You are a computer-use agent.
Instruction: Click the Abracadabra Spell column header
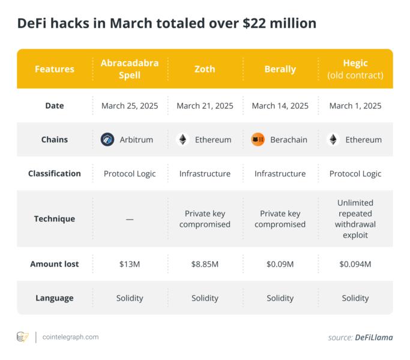(130, 69)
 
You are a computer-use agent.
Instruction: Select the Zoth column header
(205, 69)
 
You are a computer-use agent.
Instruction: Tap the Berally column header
(280, 69)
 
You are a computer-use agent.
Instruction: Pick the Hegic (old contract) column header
(355, 69)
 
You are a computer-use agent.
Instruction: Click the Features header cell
(55, 69)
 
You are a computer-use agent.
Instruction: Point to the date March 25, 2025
(130, 106)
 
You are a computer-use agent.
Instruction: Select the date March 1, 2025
(355, 106)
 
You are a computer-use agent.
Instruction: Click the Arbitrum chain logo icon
(107, 140)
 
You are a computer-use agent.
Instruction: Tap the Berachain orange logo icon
(258, 140)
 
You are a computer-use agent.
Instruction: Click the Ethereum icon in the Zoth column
(182, 140)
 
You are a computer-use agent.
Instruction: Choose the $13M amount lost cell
(130, 264)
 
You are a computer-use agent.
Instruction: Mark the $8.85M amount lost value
(205, 264)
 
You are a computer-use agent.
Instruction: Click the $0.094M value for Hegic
(355, 264)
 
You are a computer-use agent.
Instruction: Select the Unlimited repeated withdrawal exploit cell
(355, 219)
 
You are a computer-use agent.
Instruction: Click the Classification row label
(55, 173)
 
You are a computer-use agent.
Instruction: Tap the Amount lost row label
(55, 264)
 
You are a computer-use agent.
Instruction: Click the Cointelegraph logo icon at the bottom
(23, 337)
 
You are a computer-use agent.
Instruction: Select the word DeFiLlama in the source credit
(374, 337)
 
